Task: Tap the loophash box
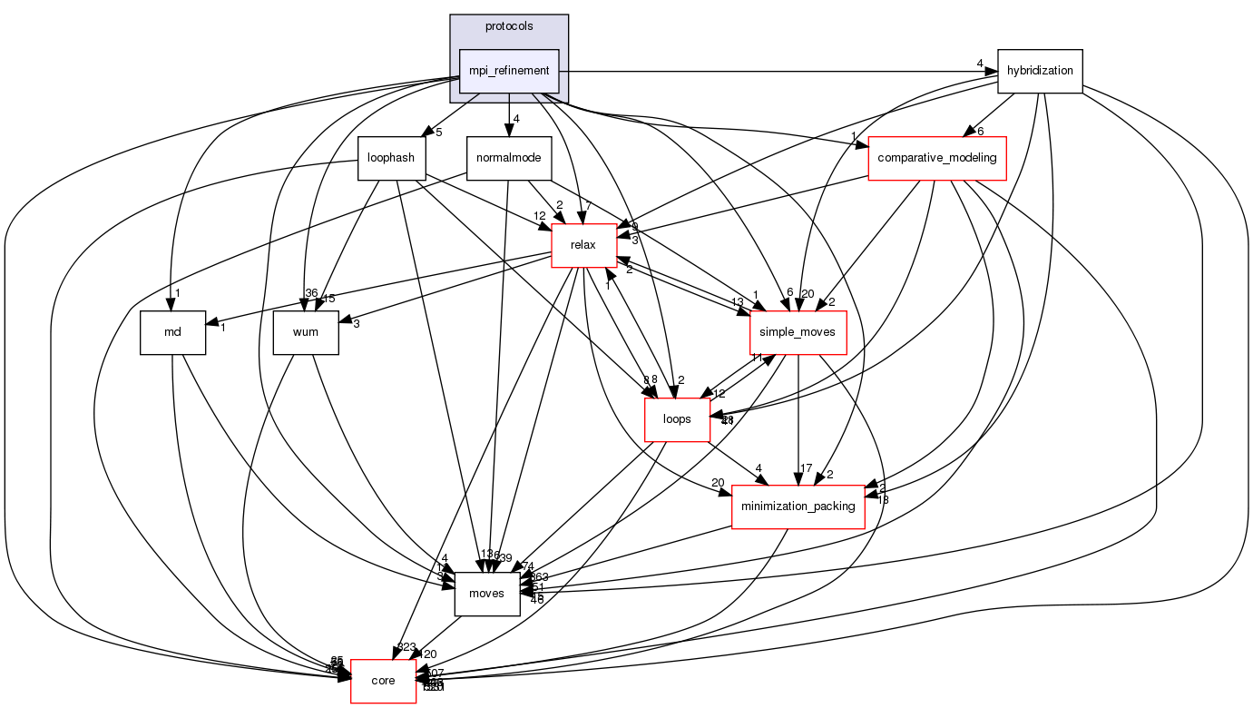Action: pyautogui.click(x=391, y=158)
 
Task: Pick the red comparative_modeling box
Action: pyautogui.click(x=937, y=158)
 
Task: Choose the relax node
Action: pyautogui.click(x=582, y=245)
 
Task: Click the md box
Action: pyautogui.click(x=172, y=332)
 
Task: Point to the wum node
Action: pyautogui.click(x=306, y=332)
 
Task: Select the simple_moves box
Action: pyautogui.click(x=798, y=332)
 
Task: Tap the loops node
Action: pyautogui.click(x=677, y=419)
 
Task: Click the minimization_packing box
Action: pyautogui.click(x=798, y=506)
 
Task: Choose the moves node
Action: pyautogui.click(x=486, y=593)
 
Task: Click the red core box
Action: pyautogui.click(x=384, y=680)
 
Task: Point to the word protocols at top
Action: pyautogui.click(x=509, y=26)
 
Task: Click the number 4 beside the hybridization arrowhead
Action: pyautogui.click(x=980, y=63)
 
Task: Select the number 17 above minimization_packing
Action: pyautogui.click(x=804, y=468)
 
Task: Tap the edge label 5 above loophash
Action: pyautogui.click(x=438, y=133)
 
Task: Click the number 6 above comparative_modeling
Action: pyautogui.click(x=981, y=131)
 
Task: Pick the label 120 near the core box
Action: pyautogui.click(x=426, y=654)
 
